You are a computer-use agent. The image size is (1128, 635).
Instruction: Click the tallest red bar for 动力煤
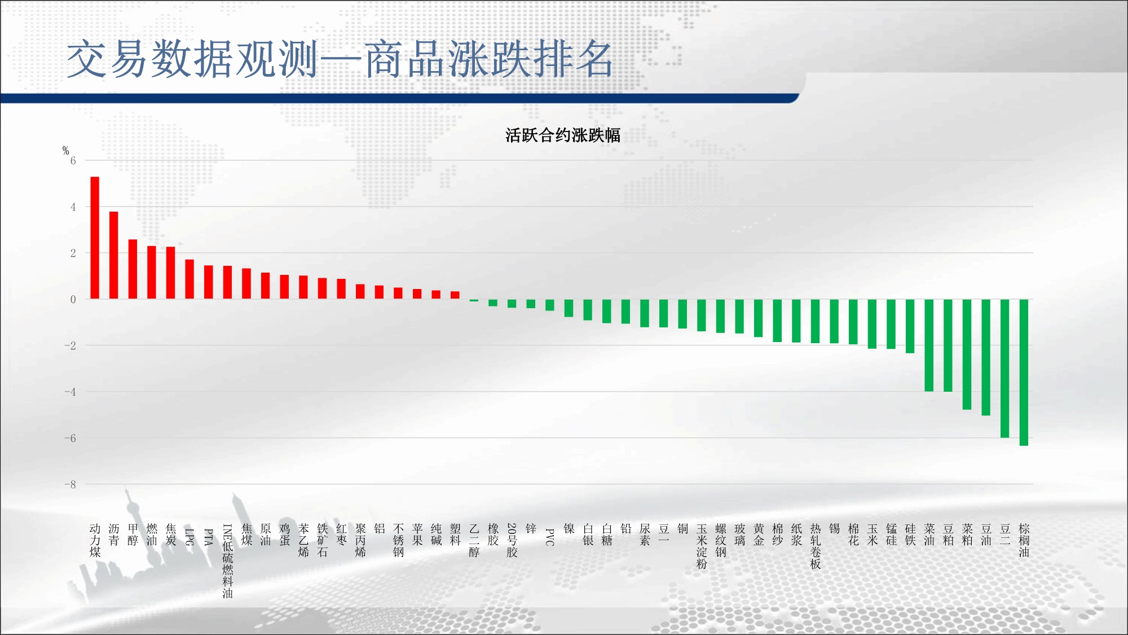pyautogui.click(x=95, y=238)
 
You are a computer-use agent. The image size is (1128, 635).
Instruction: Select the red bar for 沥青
pyautogui.click(x=113, y=255)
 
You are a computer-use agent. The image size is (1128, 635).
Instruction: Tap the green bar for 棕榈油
pyautogui.click(x=1024, y=373)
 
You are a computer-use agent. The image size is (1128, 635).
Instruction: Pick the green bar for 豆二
pyautogui.click(x=1004, y=369)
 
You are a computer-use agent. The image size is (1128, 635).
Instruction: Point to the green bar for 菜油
pyautogui.click(x=929, y=345)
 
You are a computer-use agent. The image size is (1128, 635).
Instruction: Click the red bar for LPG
pyautogui.click(x=190, y=279)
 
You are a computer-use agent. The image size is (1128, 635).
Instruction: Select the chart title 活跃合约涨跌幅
pyautogui.click(x=563, y=135)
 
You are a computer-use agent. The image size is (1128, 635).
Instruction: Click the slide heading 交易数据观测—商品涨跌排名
pyautogui.click(x=340, y=59)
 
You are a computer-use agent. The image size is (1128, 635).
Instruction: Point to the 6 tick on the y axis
pyautogui.click(x=73, y=161)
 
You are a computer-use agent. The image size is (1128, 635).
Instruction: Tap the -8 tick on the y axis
pyautogui.click(x=70, y=484)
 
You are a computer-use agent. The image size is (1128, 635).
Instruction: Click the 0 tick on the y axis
pyautogui.click(x=73, y=300)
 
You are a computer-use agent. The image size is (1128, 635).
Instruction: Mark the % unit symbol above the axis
pyautogui.click(x=65, y=150)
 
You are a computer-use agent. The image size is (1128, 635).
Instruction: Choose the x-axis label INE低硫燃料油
pyautogui.click(x=227, y=560)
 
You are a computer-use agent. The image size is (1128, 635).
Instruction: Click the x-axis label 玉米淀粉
pyautogui.click(x=702, y=546)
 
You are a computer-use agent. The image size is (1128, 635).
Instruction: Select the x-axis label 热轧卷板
pyautogui.click(x=816, y=546)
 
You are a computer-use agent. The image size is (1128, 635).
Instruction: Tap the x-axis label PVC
pyautogui.click(x=550, y=537)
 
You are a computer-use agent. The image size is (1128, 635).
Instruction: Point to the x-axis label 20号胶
pyautogui.click(x=512, y=540)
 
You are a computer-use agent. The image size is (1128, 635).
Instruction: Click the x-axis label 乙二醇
pyautogui.click(x=474, y=540)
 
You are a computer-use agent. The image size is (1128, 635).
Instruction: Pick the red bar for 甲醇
pyautogui.click(x=133, y=269)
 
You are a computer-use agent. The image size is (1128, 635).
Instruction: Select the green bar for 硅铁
pyautogui.click(x=910, y=326)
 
